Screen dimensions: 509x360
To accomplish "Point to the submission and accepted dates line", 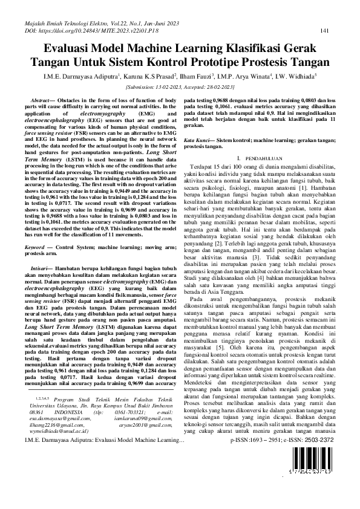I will (180, 86).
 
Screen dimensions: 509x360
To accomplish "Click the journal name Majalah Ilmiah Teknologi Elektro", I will (72, 22).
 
